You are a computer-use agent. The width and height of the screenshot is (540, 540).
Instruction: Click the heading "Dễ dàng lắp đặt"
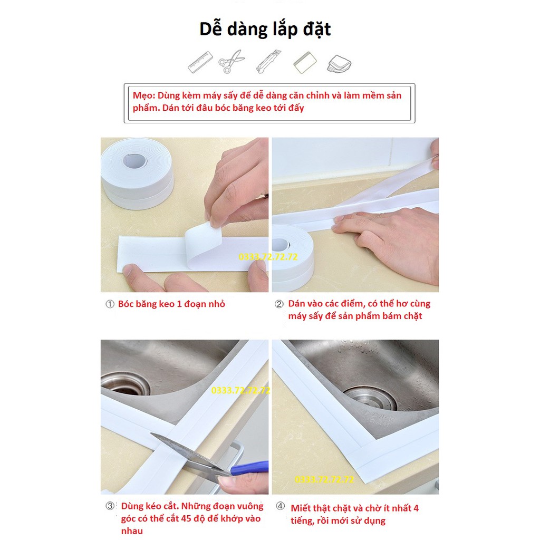click(265, 29)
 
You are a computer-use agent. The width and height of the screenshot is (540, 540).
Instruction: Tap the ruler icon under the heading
click(200, 62)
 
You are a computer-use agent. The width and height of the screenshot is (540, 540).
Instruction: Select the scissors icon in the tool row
click(232, 62)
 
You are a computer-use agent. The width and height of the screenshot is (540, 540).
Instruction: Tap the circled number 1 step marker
click(110, 304)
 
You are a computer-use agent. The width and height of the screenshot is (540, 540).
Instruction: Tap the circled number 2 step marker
click(279, 304)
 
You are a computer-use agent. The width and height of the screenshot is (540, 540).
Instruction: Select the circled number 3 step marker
click(110, 506)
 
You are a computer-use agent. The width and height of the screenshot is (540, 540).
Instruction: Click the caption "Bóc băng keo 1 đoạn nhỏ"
click(171, 304)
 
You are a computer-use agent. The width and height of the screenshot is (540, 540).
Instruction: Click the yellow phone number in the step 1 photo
click(268, 257)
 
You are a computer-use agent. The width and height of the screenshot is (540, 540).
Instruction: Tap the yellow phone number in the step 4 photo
click(324, 479)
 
